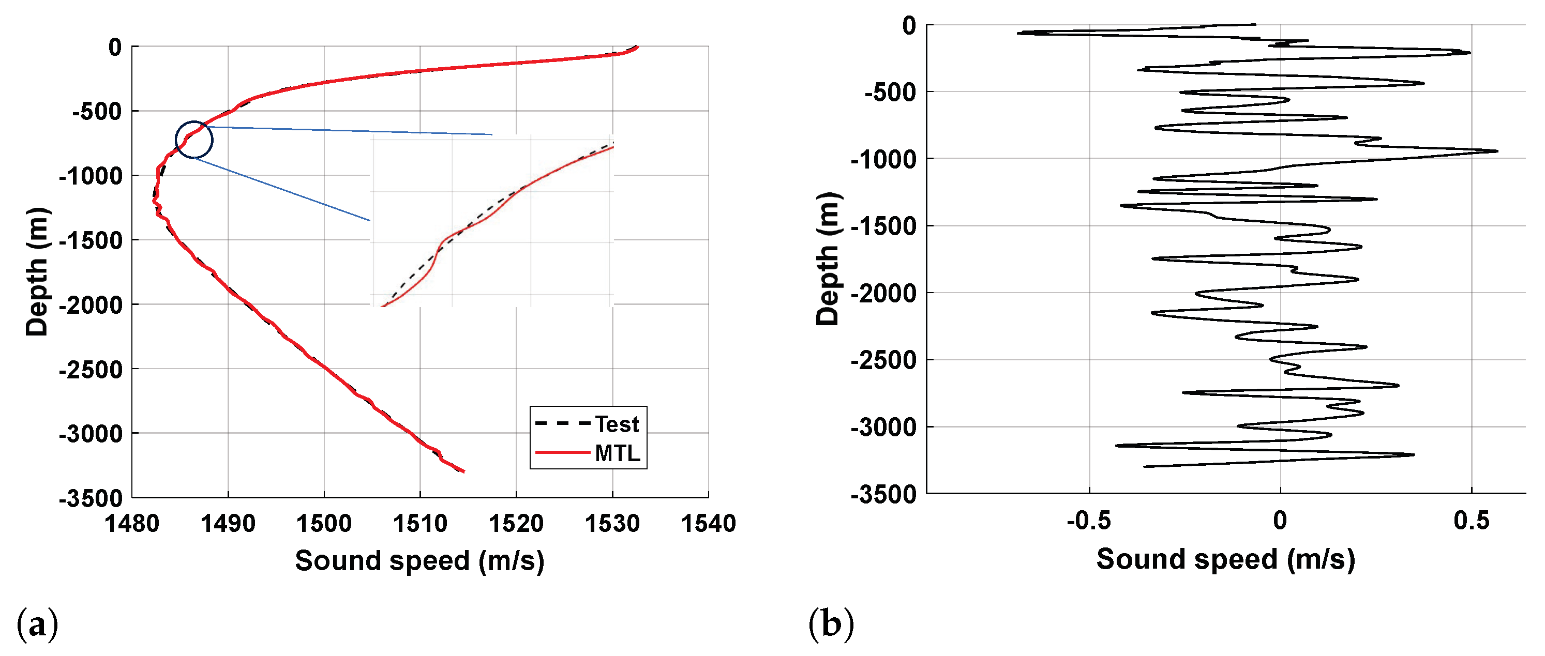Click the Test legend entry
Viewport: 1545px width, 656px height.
616,424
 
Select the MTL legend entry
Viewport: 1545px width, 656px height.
617,453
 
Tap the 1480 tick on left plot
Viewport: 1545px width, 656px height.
132,524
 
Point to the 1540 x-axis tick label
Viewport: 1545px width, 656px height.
708,524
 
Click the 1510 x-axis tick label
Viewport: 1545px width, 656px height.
420,524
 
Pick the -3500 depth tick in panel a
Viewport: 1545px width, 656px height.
91,498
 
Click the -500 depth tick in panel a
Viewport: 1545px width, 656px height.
97,112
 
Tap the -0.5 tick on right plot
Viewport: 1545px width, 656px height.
1089,521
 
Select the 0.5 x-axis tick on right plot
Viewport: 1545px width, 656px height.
1471,521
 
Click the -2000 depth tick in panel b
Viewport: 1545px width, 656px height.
884,293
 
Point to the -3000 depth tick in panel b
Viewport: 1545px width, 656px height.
884,427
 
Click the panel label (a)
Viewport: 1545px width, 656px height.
37,624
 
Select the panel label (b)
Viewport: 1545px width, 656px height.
831,624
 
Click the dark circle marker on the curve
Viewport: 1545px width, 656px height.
194,140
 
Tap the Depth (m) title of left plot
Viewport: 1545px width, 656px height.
37,271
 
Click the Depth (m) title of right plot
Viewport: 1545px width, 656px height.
828,259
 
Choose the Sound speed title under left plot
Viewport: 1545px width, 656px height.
420,561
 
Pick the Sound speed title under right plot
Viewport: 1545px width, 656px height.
1225,559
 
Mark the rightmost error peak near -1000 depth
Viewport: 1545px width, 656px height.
1496,151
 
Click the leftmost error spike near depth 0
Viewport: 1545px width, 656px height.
1019,33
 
